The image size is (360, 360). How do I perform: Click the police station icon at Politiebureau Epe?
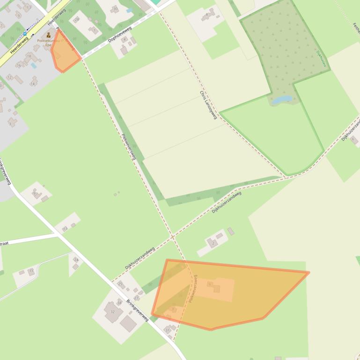click(x=48, y=35)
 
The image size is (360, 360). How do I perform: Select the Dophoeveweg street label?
click(x=120, y=34)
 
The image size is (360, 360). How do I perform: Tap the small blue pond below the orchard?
click(x=282, y=100)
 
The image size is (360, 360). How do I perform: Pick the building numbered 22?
click(x=31, y=271)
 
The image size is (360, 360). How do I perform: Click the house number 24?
click(x=76, y=260)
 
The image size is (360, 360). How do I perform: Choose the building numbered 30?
click(x=115, y=9)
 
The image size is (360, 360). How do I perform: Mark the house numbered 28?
click(x=77, y=19)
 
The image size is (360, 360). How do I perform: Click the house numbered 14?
click(x=33, y=84)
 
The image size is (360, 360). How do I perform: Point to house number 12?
click(x=9, y=77)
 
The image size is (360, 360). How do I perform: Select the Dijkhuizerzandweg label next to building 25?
click(x=140, y=258)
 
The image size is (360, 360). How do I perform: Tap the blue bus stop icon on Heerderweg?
click(x=25, y=34)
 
